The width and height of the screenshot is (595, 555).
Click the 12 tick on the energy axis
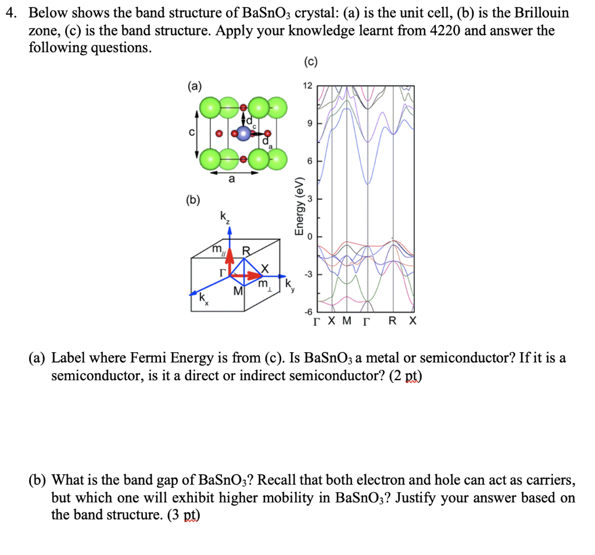[307, 86]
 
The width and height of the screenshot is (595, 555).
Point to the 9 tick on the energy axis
[309, 123]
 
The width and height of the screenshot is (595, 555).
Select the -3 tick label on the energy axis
[308, 274]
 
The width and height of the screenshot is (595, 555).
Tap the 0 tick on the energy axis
[310, 237]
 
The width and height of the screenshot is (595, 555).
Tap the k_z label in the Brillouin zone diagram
[225, 217]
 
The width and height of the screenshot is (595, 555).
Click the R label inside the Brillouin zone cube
[246, 252]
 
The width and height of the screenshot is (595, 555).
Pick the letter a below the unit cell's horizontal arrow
[232, 180]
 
